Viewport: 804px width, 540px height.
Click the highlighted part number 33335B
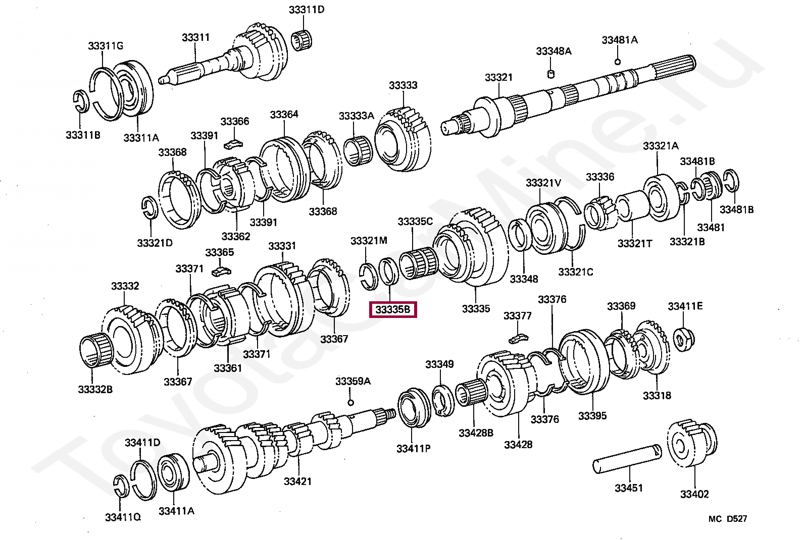coord(393,309)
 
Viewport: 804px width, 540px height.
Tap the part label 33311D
coord(306,10)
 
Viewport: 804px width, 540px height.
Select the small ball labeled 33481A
coord(617,62)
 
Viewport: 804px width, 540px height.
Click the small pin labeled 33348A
coord(551,74)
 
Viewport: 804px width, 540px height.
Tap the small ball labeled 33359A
coord(350,402)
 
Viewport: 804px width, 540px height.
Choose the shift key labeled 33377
coord(518,337)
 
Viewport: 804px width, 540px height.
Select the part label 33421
coord(297,481)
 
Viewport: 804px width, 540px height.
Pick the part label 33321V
coord(543,183)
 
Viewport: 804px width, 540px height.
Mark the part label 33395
coord(592,416)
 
